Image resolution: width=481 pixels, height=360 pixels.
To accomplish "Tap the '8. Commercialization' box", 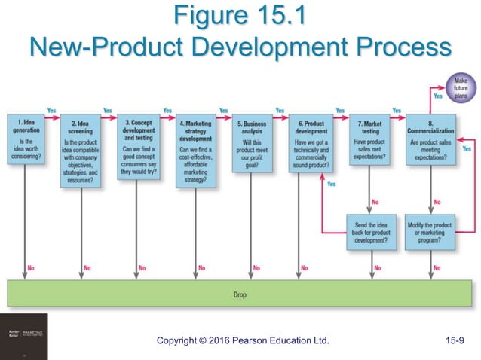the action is (x=430, y=139).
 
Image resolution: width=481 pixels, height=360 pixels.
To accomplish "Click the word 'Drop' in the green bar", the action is (x=240, y=295).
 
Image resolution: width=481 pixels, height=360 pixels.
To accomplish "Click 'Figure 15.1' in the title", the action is (x=240, y=17).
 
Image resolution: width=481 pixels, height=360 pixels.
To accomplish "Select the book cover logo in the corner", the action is (x=23, y=336).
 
